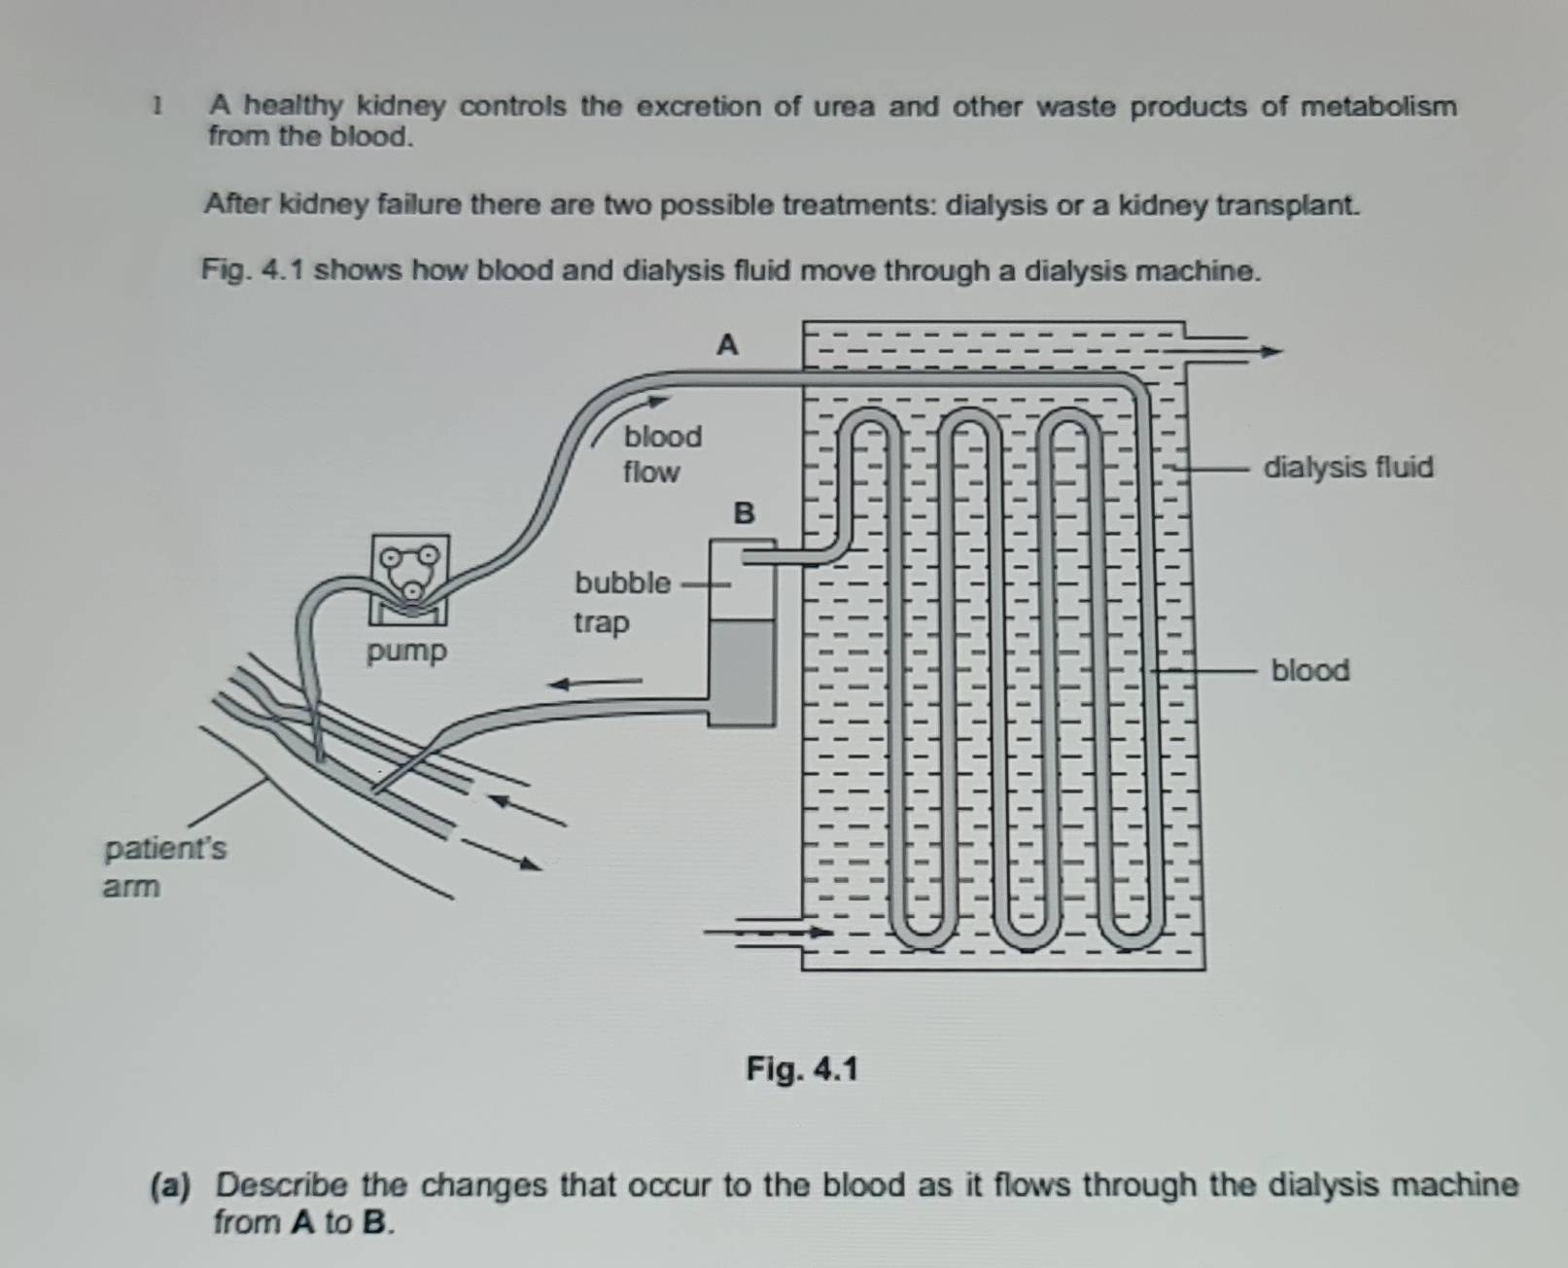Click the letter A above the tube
click(x=727, y=345)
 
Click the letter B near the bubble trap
click(x=744, y=512)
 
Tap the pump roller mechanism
click(x=409, y=573)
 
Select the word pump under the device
click(x=406, y=651)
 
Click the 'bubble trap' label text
click(x=621, y=602)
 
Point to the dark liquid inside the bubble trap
click(x=742, y=671)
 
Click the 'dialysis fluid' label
click(x=1347, y=468)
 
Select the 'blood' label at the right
click(x=1309, y=670)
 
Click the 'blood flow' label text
click(x=662, y=454)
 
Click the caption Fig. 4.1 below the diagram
click(x=802, y=1070)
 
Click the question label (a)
click(x=171, y=1185)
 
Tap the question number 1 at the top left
click(x=157, y=105)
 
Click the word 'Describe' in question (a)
click(x=281, y=1185)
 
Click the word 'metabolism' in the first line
click(x=1378, y=106)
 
